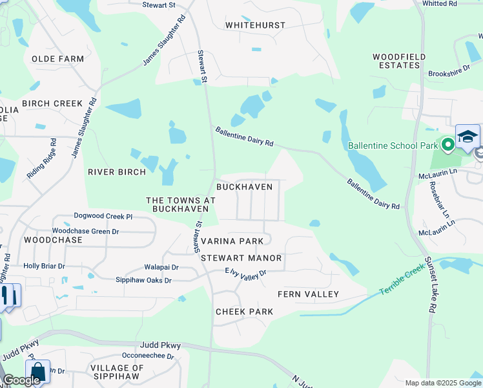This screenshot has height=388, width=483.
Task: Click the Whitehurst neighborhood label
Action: click(254, 25)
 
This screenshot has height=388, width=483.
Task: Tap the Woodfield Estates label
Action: click(399, 61)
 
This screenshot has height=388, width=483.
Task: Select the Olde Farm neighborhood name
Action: click(57, 59)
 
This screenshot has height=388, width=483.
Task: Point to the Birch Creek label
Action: click(52, 103)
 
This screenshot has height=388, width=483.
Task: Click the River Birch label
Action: click(118, 172)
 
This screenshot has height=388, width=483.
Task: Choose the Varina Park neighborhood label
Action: click(232, 241)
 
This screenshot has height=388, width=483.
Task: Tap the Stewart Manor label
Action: click(241, 258)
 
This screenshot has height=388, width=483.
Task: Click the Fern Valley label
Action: click(308, 294)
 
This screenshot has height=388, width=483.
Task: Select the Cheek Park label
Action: click(244, 312)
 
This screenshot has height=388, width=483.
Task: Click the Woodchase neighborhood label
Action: click(53, 240)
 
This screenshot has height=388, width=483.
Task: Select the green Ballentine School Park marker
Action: click(447, 142)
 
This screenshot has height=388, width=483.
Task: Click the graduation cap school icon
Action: click(468, 136)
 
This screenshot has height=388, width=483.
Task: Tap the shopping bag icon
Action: click(38, 372)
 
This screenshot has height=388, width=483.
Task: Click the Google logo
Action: click(21, 380)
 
